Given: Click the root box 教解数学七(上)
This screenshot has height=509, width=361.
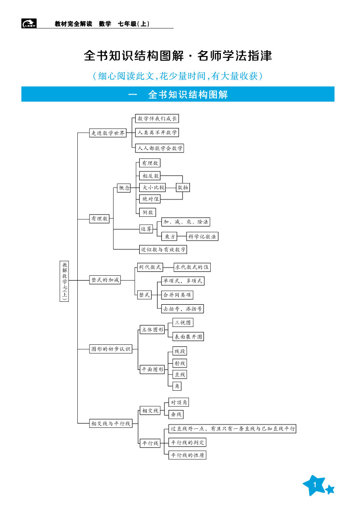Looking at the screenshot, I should [65, 281].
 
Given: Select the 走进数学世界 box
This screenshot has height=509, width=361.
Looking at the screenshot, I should [108, 133].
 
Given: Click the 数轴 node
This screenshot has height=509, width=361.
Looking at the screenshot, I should [183, 187].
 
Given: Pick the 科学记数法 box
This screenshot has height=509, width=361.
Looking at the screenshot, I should [202, 236].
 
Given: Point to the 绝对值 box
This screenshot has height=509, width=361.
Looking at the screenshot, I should [149, 199].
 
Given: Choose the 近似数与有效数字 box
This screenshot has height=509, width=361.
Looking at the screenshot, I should [163, 250].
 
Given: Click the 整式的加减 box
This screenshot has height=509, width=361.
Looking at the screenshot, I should [105, 280].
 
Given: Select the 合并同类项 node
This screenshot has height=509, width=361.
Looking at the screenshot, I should [177, 295].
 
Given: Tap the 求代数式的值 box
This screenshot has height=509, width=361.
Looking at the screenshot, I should [192, 267].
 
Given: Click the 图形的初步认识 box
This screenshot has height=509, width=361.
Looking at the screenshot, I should [111, 349].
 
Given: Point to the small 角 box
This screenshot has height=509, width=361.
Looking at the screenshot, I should [177, 386].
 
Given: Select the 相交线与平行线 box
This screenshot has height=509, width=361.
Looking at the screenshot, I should [111, 424].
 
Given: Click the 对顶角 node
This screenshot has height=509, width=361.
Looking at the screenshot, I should [179, 402].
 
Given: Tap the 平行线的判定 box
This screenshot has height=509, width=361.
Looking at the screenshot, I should [188, 442].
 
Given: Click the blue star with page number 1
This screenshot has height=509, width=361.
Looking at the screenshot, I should [315, 485].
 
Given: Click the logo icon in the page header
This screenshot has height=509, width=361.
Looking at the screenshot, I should [29, 23].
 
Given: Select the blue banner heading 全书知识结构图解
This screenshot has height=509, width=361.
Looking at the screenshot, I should [178, 94].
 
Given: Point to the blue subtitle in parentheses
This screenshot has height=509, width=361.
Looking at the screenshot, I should [178, 76].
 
